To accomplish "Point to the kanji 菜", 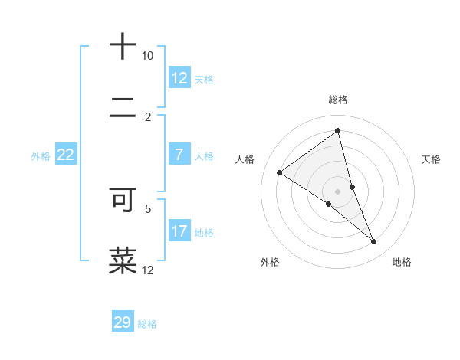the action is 123,260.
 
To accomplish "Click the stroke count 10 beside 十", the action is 147,56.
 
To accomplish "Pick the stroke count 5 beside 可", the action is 149,208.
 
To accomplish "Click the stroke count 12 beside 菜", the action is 148,270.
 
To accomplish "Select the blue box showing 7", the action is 179,155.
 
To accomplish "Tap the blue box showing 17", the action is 179,231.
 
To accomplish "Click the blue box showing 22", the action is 66,155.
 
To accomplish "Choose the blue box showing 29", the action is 123,322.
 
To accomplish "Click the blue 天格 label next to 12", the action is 204,79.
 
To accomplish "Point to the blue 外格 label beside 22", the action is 41,156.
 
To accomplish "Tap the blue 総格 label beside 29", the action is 147,324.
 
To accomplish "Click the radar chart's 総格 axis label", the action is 338,100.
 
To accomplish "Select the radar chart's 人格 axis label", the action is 245,159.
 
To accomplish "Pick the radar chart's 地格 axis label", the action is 402,262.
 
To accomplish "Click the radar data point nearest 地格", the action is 374,242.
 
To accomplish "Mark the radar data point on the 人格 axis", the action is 279,172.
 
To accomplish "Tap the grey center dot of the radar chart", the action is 338,191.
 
